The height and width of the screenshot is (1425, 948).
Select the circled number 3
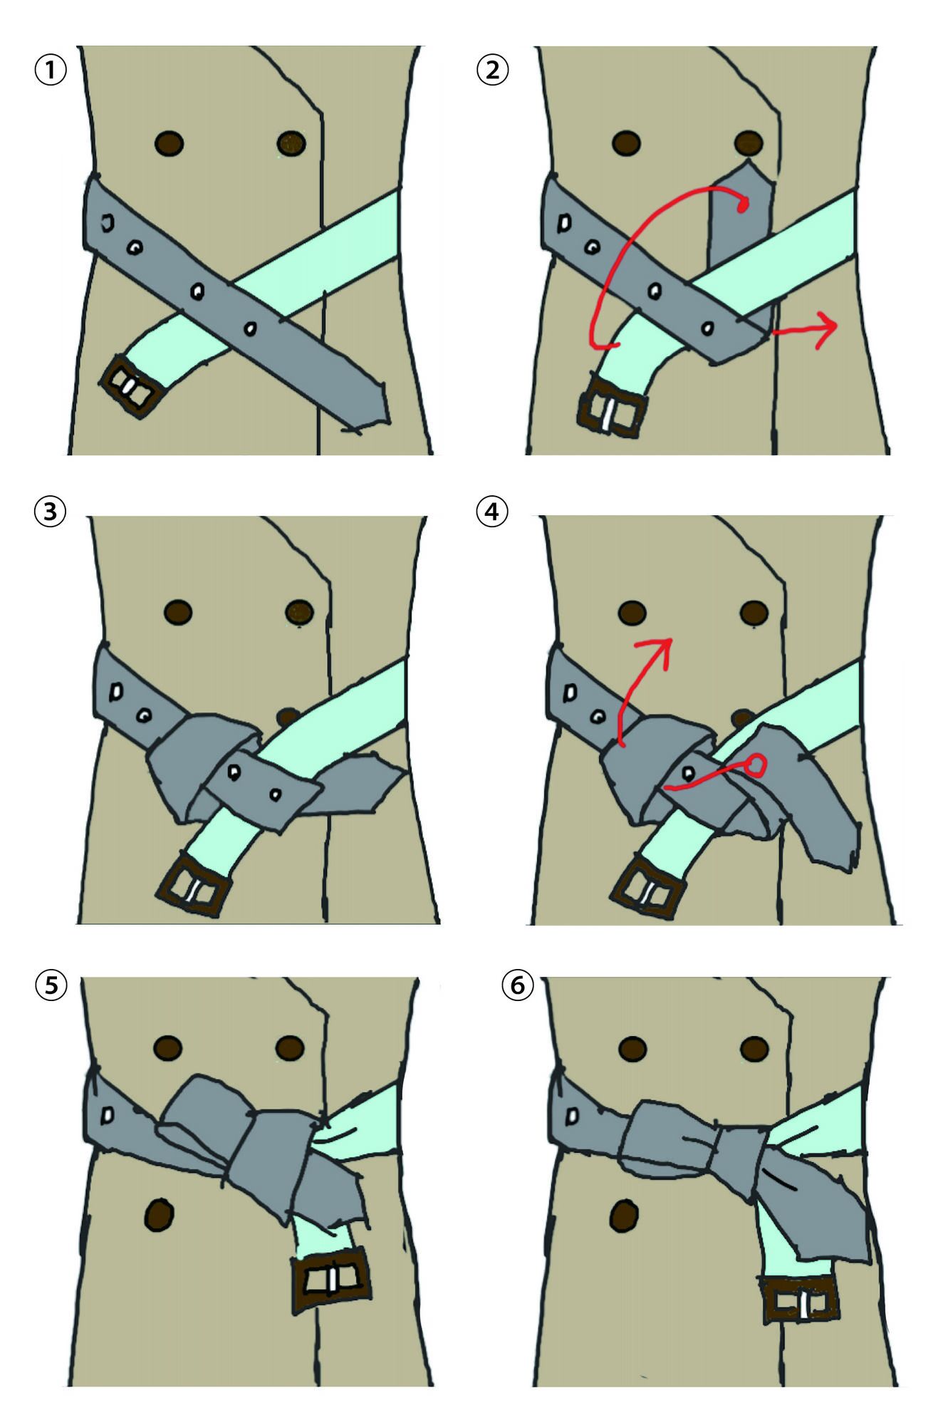pyautogui.click(x=51, y=512)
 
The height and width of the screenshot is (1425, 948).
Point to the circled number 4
pyautogui.click(x=493, y=512)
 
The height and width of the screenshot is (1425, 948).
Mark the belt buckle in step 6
pyautogui.click(x=801, y=1300)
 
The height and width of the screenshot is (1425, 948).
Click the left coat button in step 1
pyautogui.click(x=169, y=143)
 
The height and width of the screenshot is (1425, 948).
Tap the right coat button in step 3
pyautogui.click(x=300, y=611)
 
